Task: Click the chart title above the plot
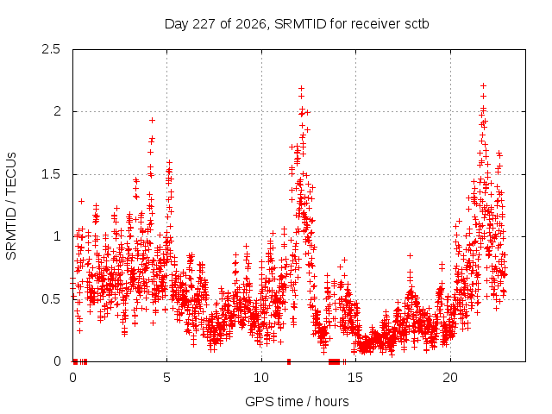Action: (x=297, y=24)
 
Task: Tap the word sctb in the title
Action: (x=417, y=24)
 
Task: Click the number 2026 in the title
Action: (x=250, y=24)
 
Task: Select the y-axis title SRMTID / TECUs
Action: (x=11, y=206)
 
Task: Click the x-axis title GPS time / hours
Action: (x=297, y=401)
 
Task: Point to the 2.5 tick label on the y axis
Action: (x=51, y=49)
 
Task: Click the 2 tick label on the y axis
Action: (x=57, y=111)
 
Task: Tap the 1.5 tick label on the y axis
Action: (x=51, y=174)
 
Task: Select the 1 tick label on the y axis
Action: (x=58, y=236)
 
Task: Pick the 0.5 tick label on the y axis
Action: (x=51, y=299)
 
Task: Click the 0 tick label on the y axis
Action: (x=57, y=361)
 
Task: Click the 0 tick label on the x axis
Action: (x=72, y=378)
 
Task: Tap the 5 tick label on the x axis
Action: (x=166, y=378)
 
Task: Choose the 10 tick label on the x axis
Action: (x=261, y=378)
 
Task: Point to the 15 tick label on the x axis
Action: (x=355, y=378)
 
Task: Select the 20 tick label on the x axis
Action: (x=450, y=378)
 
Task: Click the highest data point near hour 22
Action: (x=483, y=85)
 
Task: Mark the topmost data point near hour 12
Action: (x=301, y=88)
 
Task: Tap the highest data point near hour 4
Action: (x=152, y=121)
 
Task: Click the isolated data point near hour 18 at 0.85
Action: (x=410, y=255)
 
